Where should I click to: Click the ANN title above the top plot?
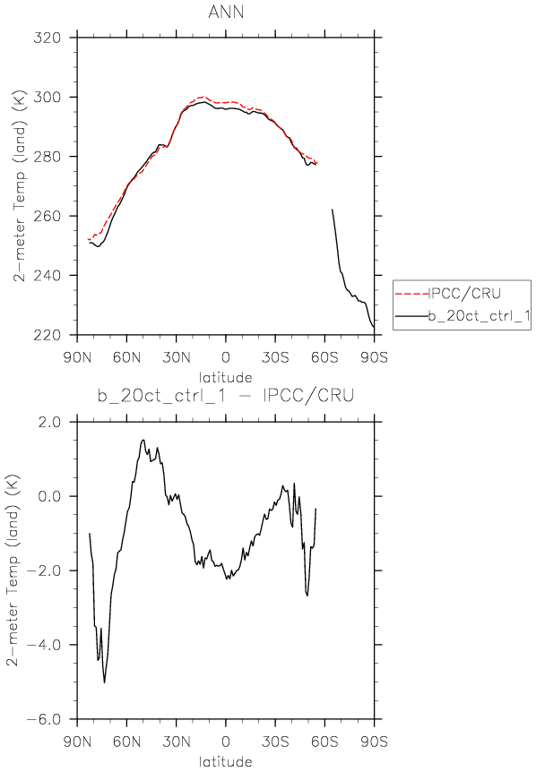pos(226,12)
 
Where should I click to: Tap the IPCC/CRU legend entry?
pos(464,294)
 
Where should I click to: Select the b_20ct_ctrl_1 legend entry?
pos(479,315)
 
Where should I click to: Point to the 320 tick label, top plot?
pos(48,38)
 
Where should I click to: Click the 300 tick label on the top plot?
pos(48,97)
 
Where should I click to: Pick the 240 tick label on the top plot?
pos(48,275)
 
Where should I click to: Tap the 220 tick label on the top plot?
pos(48,335)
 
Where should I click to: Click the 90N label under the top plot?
pos(77,357)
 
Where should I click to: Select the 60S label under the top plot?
pos(324,357)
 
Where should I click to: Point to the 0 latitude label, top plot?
pos(226,357)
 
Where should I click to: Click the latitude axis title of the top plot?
pos(226,378)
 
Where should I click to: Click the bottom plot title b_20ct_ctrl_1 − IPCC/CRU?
pos(226,396)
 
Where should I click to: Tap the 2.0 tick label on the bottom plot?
pos(49,422)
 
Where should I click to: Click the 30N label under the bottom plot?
pos(177,741)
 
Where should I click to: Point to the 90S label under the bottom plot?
pos(375,741)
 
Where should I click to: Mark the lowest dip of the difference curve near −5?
pos(105,682)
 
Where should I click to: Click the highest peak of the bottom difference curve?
pos(143,440)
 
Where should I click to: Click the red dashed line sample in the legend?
pos(411,294)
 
